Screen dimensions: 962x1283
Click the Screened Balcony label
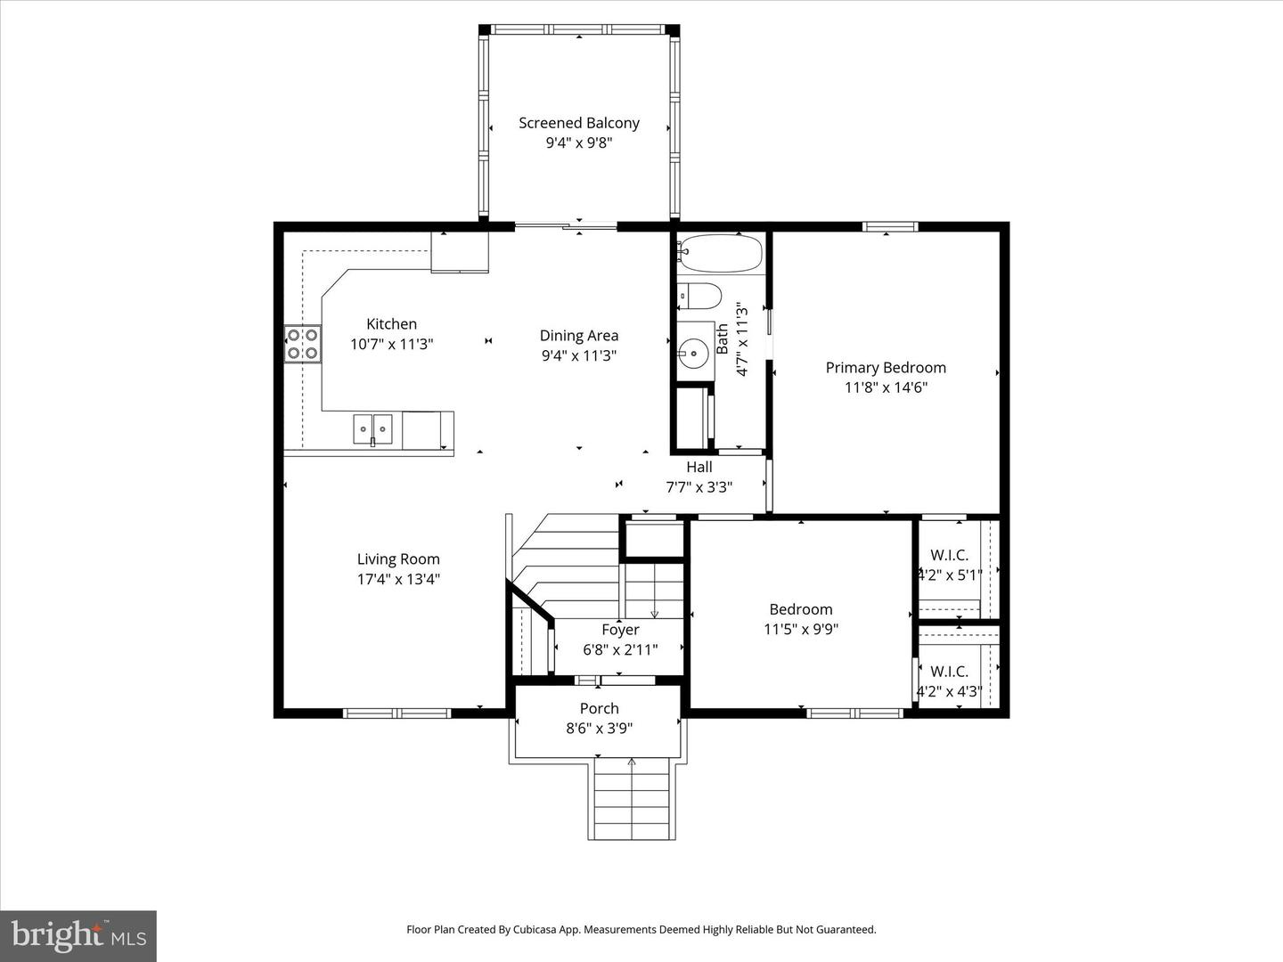(579, 123)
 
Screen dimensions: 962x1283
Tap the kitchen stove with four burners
(302, 345)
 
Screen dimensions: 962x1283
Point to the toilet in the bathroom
(699, 296)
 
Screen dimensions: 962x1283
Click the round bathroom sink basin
(693, 352)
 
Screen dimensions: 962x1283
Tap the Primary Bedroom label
(886, 367)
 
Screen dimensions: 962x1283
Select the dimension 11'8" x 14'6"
(886, 387)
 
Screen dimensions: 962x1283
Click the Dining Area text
(579, 336)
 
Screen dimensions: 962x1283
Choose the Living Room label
(398, 559)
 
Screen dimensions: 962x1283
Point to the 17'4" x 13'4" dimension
(398, 579)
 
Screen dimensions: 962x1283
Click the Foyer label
(620, 630)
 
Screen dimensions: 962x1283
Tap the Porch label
(599, 708)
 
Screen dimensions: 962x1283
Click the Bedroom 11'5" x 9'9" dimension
(801, 630)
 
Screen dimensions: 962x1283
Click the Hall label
(699, 467)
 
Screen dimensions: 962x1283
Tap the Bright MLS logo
(78, 935)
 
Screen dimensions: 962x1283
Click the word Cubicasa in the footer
(538, 929)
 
